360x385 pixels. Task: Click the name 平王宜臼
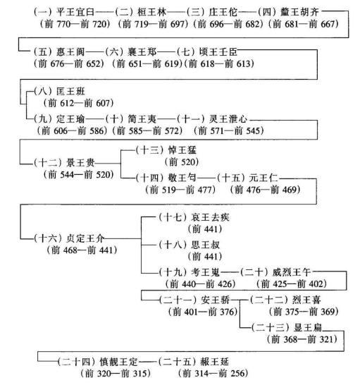[x=75, y=12]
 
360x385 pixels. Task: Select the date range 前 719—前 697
[x=153, y=24]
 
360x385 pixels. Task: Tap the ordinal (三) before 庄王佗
[x=196, y=12]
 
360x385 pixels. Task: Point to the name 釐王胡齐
[x=299, y=12]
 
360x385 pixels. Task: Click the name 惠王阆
[x=70, y=51]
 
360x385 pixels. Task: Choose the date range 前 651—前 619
[x=147, y=64]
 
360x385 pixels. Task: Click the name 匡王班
[x=70, y=92]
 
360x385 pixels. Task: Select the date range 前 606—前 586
[x=73, y=130]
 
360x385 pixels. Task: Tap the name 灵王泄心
[x=228, y=119]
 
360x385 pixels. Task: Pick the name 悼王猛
[x=182, y=150]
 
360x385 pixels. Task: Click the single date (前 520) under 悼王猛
[x=182, y=162]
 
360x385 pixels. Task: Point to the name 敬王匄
[x=182, y=178]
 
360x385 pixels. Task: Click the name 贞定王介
[x=85, y=238]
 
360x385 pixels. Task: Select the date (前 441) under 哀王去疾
[x=205, y=229]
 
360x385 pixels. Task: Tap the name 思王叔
[x=205, y=245]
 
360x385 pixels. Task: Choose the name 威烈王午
[x=292, y=272]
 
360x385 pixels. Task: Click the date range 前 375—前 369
[x=304, y=312]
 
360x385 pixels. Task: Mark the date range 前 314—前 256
[x=213, y=374]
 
